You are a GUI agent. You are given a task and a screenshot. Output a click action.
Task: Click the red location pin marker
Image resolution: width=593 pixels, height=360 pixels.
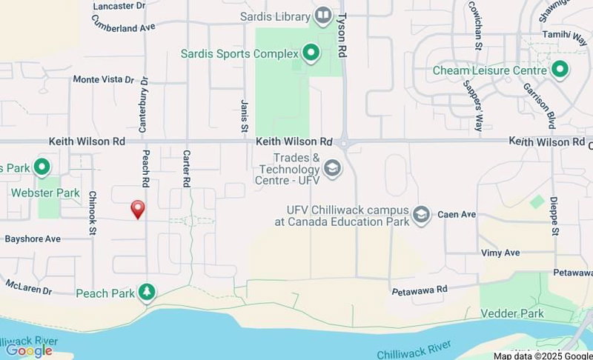[137, 210]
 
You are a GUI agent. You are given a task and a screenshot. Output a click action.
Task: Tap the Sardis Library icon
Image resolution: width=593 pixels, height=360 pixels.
[322, 15]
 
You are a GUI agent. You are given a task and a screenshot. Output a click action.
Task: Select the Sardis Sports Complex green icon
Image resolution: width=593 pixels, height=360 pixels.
[311, 53]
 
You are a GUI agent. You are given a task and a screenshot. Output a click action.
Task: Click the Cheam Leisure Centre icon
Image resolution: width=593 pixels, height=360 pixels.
[560, 71]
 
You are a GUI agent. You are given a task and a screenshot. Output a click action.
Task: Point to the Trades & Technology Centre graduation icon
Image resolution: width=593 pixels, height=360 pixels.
[332, 168]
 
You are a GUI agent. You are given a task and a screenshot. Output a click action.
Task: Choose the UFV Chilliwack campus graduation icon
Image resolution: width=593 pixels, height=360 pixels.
[421, 215]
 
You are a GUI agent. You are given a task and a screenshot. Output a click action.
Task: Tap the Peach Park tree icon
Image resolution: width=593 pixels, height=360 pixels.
[147, 292]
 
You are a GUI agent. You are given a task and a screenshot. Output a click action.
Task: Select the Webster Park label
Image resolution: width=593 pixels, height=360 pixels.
[45, 193]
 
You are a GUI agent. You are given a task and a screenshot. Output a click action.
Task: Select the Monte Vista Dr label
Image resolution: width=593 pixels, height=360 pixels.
[103, 79]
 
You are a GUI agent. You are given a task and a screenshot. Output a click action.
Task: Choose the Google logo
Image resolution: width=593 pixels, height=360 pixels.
[29, 350]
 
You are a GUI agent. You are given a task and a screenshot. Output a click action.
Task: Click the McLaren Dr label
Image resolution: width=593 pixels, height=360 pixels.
[27, 284]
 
